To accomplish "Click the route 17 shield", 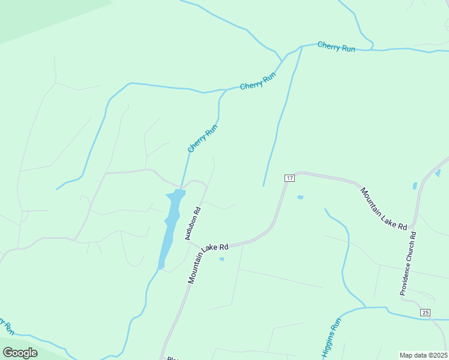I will (289, 178).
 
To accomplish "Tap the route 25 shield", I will (426, 313).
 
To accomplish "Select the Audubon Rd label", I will (192, 224).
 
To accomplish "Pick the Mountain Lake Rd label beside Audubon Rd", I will (208, 263).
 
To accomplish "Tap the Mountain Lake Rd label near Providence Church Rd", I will (384, 209).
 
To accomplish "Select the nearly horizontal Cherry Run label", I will (336, 46).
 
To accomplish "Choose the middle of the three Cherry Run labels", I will (258, 82).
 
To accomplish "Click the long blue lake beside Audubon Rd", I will (169, 228).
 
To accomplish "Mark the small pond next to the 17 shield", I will (300, 197).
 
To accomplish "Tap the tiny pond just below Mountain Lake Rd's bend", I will (221, 259).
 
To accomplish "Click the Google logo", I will (20, 353).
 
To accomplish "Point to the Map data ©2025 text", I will (423, 355).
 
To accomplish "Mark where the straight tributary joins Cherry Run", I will (301, 46).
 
